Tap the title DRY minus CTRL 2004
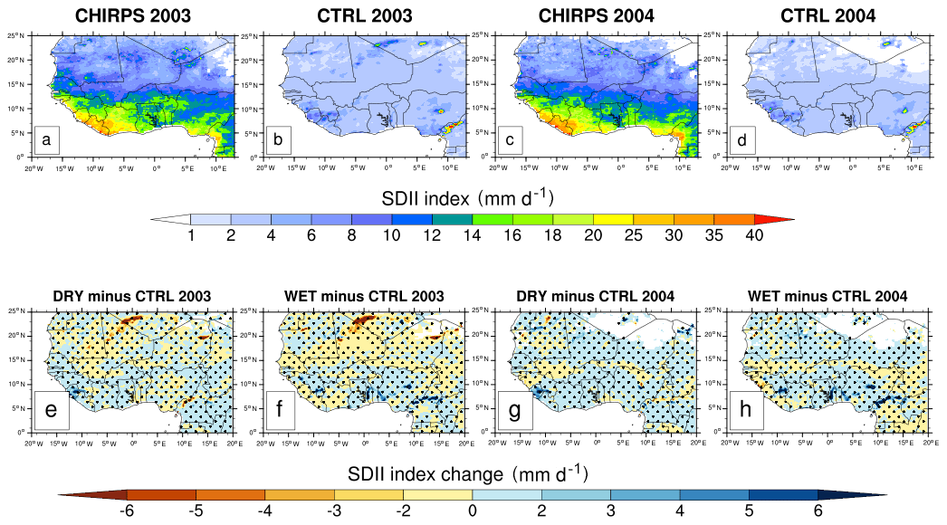pos(596,296)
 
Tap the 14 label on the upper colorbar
pos(473,235)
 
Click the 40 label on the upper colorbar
pos(754,235)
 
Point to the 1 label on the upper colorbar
pos(191,235)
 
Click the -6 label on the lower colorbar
pos(127,511)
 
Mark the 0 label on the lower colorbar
pos(473,511)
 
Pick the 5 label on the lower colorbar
pos(749,511)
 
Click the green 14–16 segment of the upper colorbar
pos(493,219)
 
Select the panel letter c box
pos(512,139)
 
